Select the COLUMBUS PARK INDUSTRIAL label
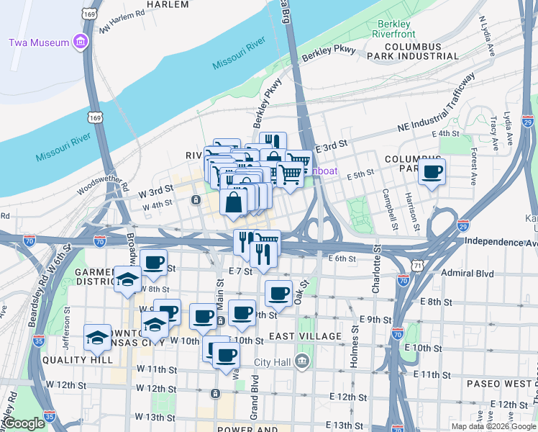(x=412, y=50)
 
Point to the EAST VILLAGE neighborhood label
(x=305, y=336)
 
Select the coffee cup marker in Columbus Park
(x=432, y=172)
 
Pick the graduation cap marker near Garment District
(x=127, y=279)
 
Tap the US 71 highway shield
(x=417, y=266)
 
